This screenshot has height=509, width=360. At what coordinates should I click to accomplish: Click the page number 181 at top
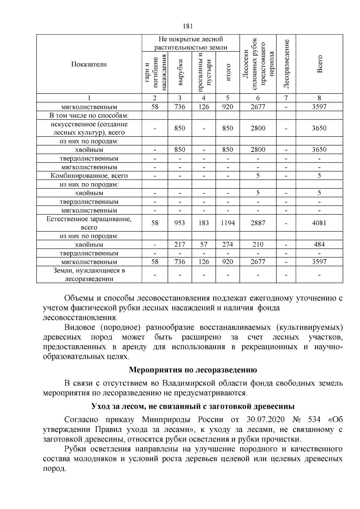click(x=187, y=26)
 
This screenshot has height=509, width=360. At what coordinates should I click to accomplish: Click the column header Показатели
click(x=89, y=64)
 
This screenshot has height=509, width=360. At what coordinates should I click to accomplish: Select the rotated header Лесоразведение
click(x=286, y=64)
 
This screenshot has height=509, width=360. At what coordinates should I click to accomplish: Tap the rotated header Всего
click(x=319, y=64)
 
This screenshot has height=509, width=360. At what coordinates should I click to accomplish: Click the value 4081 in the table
click(x=319, y=223)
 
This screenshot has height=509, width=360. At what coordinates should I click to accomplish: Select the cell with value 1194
click(x=228, y=223)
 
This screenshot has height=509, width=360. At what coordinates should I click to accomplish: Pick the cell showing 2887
click(x=258, y=223)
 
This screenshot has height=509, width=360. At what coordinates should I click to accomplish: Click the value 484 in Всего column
click(x=319, y=244)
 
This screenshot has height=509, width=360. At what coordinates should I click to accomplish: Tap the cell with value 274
click(x=228, y=244)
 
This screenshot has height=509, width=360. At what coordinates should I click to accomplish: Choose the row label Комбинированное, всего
click(x=89, y=176)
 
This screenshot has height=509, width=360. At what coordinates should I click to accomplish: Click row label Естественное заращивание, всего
click(x=89, y=223)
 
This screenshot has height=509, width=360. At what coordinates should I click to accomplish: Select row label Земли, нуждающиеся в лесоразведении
click(x=89, y=275)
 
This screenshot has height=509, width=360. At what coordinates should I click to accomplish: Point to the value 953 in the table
click(x=180, y=223)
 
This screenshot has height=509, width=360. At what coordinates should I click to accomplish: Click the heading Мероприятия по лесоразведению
click(x=193, y=370)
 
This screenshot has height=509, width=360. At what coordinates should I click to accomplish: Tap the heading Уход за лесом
click(x=193, y=406)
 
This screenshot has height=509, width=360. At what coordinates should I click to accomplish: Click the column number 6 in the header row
click(x=258, y=98)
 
